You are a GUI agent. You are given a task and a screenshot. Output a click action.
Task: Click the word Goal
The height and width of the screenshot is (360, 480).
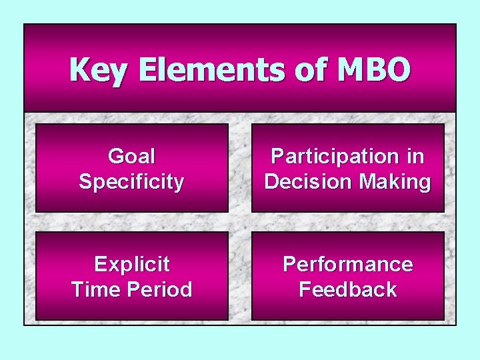coord(131,157)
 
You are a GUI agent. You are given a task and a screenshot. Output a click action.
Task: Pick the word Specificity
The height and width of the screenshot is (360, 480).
coord(131,182)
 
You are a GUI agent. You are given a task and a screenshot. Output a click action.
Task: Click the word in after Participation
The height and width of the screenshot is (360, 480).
coord(414,157)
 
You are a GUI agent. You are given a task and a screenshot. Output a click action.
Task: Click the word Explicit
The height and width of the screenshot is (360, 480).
coord(131,265)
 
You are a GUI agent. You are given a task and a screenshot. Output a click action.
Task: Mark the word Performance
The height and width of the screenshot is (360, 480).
coord(347,265)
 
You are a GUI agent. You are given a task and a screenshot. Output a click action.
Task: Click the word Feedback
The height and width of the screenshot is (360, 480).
coord(347,290)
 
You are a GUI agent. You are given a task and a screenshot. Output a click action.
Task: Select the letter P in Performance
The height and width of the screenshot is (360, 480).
coord(289,265)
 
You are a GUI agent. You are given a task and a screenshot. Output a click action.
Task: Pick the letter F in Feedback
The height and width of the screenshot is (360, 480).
coord(305,290)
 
